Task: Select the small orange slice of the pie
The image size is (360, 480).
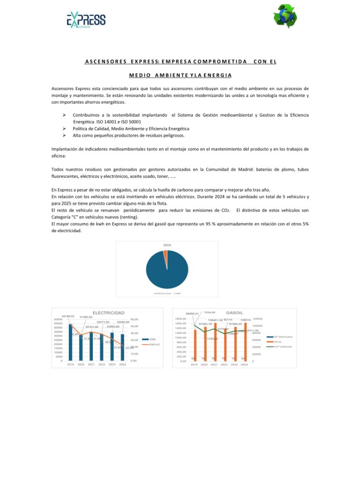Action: tap(165, 253)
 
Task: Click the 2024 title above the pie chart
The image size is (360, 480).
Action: tap(167, 245)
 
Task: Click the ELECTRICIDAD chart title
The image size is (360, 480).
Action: tap(108, 313)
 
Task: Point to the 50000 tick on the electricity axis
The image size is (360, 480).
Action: tap(59, 319)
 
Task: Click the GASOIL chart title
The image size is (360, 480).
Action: tap(234, 313)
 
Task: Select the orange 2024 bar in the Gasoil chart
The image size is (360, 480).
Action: tap(245, 335)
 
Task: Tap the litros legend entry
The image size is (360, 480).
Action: tap(278, 342)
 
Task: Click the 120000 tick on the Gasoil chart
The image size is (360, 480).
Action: tap(257, 319)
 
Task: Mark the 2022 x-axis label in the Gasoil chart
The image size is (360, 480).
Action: tap(224, 365)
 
